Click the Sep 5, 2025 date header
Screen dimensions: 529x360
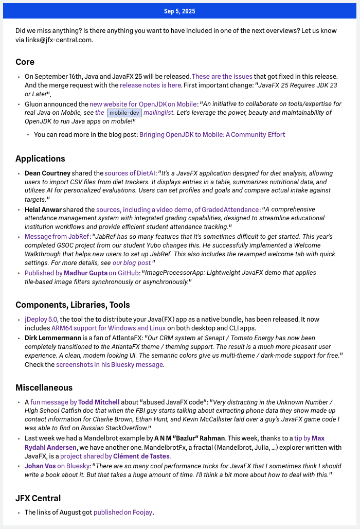179,11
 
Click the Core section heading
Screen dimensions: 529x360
25,62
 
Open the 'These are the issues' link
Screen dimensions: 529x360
222,76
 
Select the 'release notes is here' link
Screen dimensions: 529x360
150,85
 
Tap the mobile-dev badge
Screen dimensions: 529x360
124,113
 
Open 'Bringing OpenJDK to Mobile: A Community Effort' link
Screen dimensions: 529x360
212,135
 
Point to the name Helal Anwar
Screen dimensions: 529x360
43,209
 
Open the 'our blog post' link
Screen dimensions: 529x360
132,263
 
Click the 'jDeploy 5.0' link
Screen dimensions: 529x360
41,319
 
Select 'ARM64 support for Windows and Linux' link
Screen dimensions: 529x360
107,328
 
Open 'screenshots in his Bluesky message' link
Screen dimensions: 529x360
109,365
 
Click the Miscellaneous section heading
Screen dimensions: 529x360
44,387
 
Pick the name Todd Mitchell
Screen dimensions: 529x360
99,402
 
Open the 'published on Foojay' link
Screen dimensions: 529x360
123,512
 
